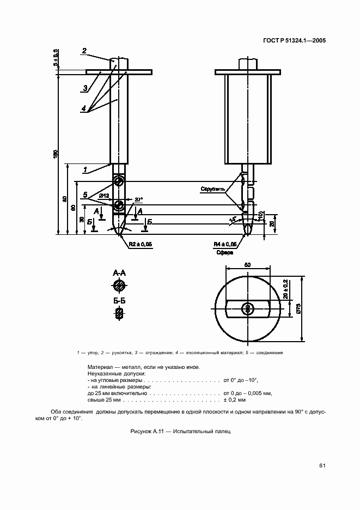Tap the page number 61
[x=322, y=465]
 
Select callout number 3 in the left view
[x=86, y=88]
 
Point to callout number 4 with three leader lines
[x=83, y=109]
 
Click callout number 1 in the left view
[x=85, y=170]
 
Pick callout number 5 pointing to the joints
[x=85, y=195]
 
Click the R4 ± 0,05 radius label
[x=225, y=245]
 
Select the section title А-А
[x=119, y=272]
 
